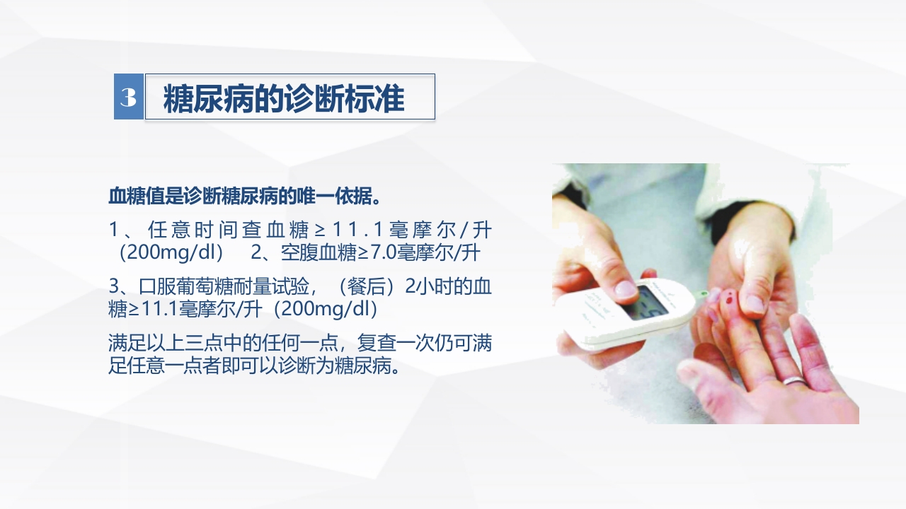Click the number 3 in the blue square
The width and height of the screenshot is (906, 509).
coord(128,97)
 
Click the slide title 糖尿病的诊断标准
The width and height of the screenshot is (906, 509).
coord(284,99)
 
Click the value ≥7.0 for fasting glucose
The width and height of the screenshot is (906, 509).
coord(373,252)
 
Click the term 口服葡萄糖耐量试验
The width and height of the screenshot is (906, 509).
coord(224,287)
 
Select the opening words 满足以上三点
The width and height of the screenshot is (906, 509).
coord(154,344)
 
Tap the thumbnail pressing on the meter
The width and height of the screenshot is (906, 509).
coord(626,288)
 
